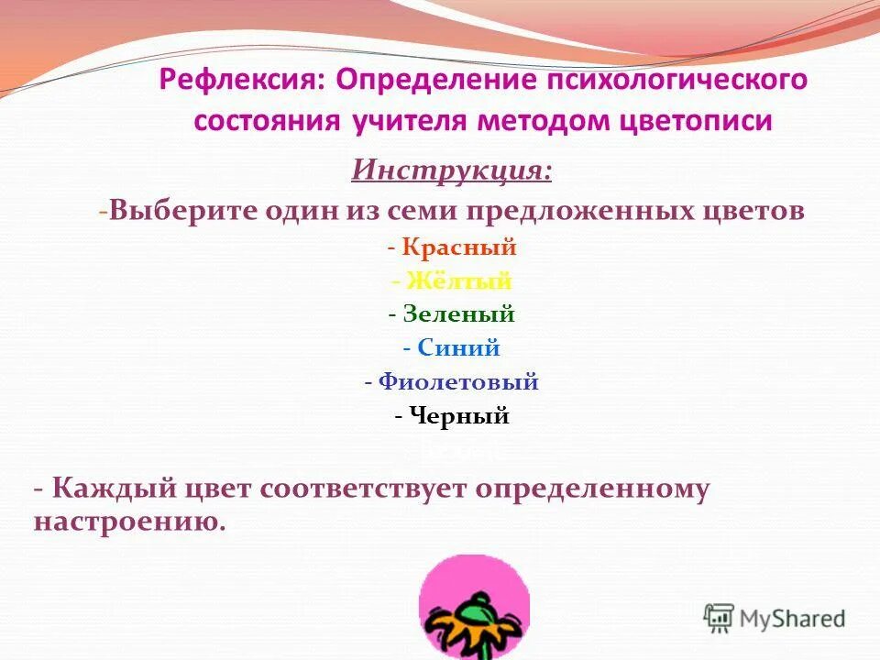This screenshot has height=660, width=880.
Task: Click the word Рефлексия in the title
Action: pos(240,80)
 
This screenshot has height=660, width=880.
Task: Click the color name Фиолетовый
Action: pos(458,382)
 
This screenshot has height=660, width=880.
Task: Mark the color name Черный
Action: pos(458,416)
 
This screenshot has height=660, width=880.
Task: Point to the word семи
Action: pos(419,211)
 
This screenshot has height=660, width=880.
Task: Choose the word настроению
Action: pos(128,522)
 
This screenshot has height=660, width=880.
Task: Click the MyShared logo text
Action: pos(792,619)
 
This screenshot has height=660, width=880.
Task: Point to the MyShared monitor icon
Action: pos(720,617)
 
